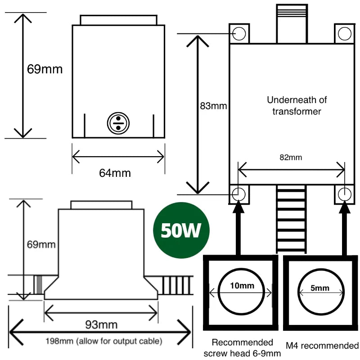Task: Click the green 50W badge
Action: [182, 231]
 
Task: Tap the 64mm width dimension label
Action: [115, 173]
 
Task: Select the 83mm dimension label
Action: [213, 107]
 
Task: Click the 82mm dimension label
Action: [291, 157]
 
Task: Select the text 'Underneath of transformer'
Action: [297, 105]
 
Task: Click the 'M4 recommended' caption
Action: [322, 346]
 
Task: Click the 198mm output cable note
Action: [103, 341]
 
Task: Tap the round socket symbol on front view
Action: [118, 123]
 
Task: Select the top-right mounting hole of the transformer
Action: [345, 33]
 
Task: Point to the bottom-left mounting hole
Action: [239, 194]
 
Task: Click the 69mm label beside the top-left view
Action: [45, 69]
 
